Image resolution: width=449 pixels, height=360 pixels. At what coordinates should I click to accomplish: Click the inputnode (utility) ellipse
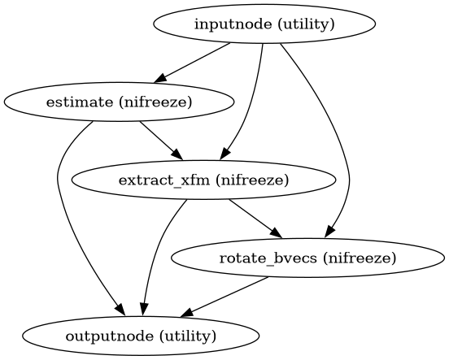point(264,24)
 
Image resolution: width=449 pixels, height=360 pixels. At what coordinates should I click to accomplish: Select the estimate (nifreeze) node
point(120,102)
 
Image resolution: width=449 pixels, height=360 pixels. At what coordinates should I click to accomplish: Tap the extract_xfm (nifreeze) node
point(204,180)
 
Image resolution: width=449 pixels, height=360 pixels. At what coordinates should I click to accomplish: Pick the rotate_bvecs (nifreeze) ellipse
point(308,258)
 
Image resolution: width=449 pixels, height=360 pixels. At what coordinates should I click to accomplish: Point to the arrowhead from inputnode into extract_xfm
point(229,154)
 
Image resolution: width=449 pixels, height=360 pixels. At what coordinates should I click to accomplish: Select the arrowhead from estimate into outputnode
point(120,311)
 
